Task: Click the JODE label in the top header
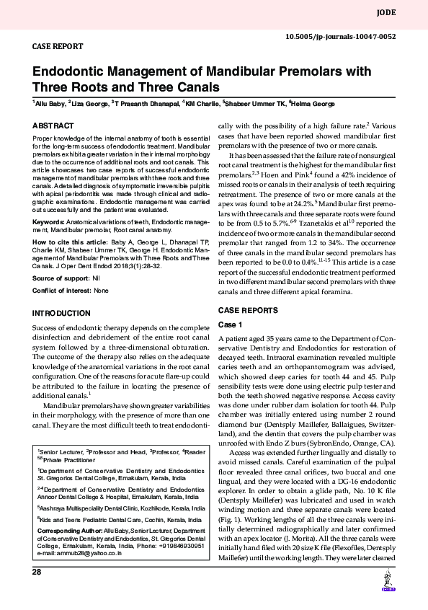coord(386,13)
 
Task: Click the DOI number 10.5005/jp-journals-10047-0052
coord(341,36)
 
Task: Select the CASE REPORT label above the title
coord(58,46)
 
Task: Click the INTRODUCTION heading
coord(62,314)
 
